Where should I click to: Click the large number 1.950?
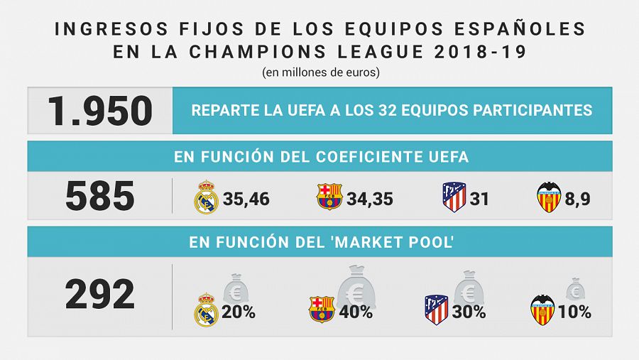point(99,111)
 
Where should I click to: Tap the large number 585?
point(99,196)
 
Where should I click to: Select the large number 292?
point(99,295)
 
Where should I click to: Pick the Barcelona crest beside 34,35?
point(329,197)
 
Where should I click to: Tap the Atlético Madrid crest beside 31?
point(454,197)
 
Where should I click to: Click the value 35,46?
point(246,199)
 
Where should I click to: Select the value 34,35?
point(370,199)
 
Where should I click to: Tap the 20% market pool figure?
point(239,312)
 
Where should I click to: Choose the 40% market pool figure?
point(356,312)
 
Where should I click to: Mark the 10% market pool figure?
point(574,312)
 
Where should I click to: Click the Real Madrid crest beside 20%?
point(207,310)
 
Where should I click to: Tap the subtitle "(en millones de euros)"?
point(319,72)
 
